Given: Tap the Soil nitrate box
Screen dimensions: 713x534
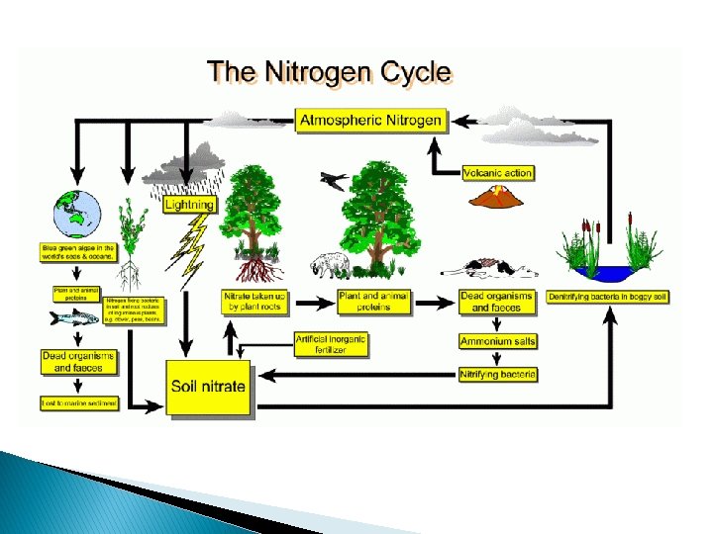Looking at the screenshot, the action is coord(208,386).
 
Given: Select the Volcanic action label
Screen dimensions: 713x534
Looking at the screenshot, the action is coord(498,173).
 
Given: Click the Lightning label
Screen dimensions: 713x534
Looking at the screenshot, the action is coord(188,205).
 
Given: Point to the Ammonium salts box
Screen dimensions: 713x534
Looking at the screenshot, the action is coord(498,341).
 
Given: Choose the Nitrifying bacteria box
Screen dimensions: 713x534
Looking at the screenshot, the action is coord(498,375).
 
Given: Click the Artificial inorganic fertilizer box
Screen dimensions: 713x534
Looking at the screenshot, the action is coord(331,344).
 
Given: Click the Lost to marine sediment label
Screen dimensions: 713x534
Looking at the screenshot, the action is coord(78,403).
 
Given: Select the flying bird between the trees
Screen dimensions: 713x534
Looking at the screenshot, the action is coord(335,181).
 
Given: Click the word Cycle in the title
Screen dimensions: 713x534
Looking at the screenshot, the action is coord(410,72).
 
